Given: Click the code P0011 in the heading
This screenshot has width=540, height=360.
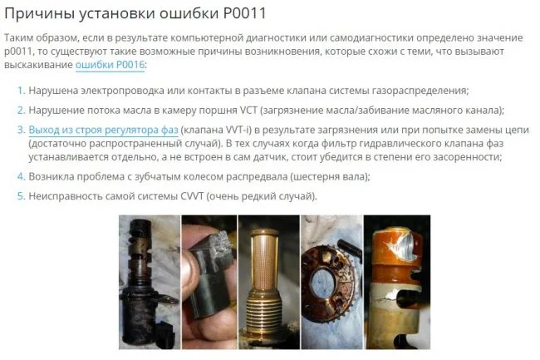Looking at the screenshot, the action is point(245,13).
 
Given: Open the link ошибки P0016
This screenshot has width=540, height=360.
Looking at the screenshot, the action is point(110,65).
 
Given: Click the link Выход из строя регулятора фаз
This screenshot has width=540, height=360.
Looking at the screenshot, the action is point(103,130).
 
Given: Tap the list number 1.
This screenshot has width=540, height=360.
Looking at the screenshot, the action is point(22,91).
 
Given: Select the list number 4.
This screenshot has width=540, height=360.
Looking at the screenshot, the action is point(22,176).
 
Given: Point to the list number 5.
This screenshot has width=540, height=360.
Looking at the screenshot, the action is point(22,196).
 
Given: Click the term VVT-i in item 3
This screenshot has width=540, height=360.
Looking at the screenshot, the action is point(238,130).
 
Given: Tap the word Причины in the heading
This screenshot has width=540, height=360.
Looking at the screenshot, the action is point(38,14).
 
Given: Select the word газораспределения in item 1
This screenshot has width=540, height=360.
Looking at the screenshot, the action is point(420,91).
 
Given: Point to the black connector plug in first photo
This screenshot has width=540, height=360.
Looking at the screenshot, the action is point(167,334).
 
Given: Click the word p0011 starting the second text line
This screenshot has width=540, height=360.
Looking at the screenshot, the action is point(17,52).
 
